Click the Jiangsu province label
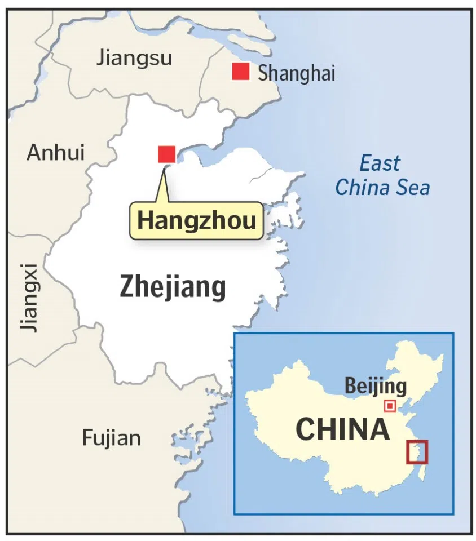click(x=134, y=57)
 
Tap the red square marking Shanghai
click(x=241, y=72)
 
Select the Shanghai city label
click(x=296, y=73)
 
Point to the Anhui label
click(x=55, y=153)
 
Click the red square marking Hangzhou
click(x=167, y=154)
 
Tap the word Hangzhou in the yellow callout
click(x=196, y=220)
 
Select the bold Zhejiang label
click(x=173, y=288)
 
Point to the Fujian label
click(x=112, y=438)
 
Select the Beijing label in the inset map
click(x=375, y=387)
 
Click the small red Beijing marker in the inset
click(x=389, y=406)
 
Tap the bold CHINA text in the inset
click(x=342, y=430)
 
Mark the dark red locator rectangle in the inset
click(x=417, y=451)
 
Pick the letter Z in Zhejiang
click(x=127, y=288)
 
